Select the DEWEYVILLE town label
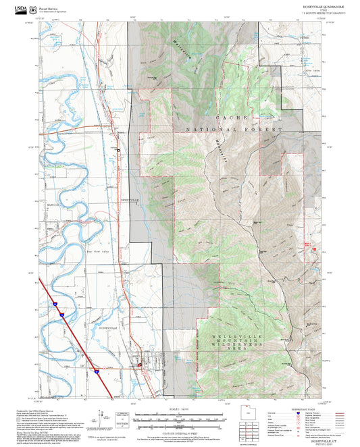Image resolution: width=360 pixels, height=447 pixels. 130,201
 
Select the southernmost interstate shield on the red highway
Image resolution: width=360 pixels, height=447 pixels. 97,371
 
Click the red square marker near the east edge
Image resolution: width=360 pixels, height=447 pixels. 313,251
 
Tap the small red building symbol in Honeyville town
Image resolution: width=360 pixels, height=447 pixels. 140,365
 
